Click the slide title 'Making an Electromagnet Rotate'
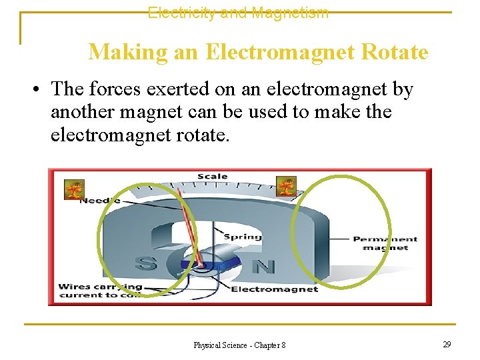point(258,51)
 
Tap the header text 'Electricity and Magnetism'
point(238,13)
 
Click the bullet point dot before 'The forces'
point(41,89)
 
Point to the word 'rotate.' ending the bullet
point(200,135)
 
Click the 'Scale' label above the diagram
point(213,177)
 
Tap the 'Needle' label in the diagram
point(100,200)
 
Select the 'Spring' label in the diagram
point(243,237)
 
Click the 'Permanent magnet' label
point(385,243)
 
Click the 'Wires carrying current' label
point(100,291)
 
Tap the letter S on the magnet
point(145,263)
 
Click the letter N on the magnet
point(264,267)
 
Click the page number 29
point(447,344)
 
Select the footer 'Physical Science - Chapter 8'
point(239,345)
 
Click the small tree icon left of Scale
point(73,189)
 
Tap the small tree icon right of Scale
point(286,186)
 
